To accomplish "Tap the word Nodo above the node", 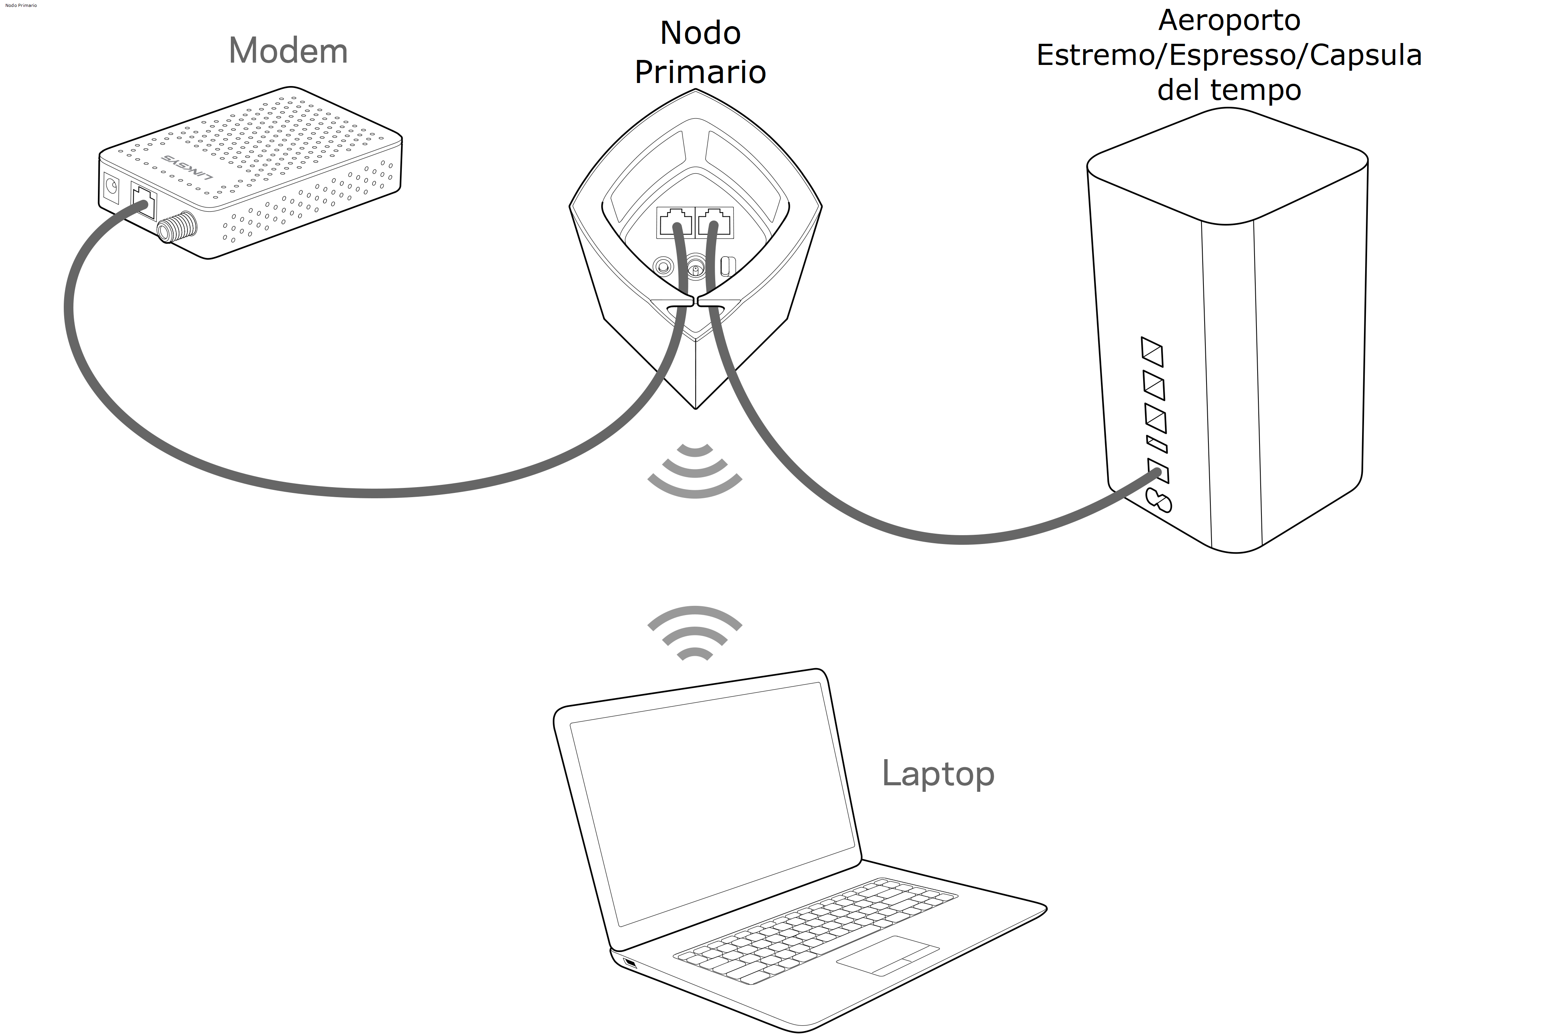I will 700,33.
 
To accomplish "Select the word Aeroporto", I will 1229,20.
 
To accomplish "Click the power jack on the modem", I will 111,188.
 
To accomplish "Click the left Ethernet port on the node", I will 675,221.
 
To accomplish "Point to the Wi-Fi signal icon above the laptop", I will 695,634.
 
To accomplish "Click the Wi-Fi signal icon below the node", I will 695,470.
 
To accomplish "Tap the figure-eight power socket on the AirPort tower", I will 1159,500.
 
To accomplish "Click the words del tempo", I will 1229,90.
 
